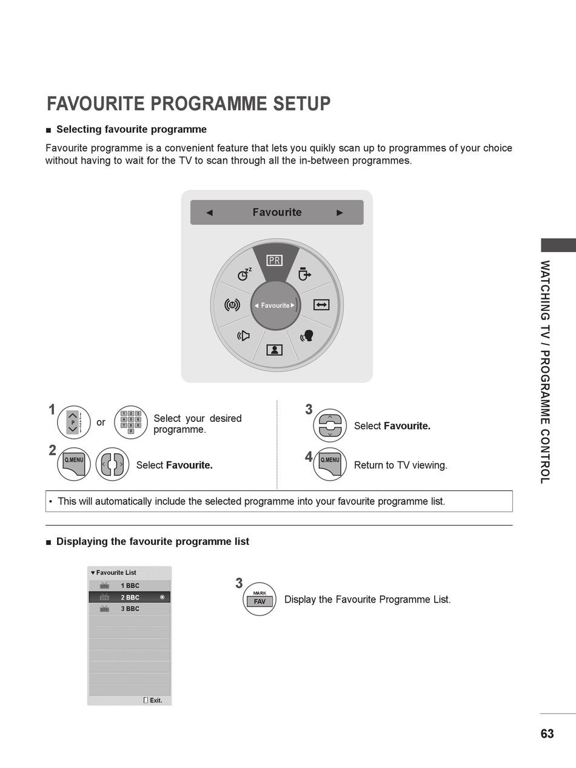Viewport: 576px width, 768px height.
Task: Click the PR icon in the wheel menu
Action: pos(274,260)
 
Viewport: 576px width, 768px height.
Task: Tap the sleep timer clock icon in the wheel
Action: pos(244,275)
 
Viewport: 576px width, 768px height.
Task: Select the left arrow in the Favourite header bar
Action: pos(210,213)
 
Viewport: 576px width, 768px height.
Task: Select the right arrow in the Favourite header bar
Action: pos(340,213)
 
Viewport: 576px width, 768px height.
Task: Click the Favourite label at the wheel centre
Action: pos(275,306)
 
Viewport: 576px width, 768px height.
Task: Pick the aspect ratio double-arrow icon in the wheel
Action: pos(321,305)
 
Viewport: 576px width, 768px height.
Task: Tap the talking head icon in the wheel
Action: pos(307,336)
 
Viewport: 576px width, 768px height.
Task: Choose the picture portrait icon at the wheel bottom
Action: pos(274,350)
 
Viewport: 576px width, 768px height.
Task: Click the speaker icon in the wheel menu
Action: pos(244,336)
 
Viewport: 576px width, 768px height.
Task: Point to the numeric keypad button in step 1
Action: pos(131,422)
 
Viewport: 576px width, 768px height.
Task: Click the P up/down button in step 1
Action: pos(74,422)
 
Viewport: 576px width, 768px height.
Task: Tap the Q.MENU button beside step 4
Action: pos(330,464)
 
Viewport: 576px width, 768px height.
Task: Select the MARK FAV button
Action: pos(260,599)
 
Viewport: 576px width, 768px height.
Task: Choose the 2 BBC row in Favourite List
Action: pos(130,597)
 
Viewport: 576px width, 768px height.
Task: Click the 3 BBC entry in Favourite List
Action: pos(130,609)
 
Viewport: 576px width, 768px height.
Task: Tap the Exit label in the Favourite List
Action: pos(156,701)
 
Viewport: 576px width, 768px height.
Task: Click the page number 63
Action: pos(547,733)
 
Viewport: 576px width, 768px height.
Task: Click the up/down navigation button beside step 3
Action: pos(330,426)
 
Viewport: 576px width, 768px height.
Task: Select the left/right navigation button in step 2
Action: pos(112,464)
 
